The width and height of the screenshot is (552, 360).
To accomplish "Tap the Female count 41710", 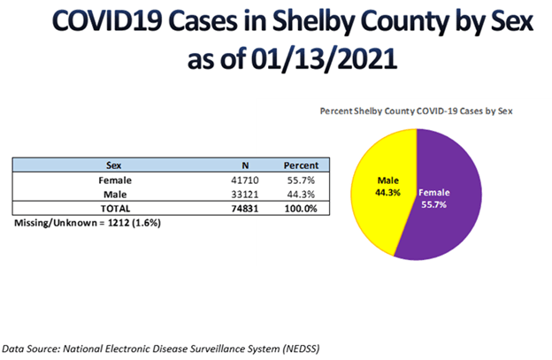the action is click(x=245, y=180).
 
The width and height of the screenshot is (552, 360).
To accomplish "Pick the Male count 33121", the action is click(x=245, y=195).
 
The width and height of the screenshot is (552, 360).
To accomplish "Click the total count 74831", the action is click(x=245, y=209).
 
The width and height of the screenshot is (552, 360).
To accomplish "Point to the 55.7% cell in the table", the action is click(x=301, y=180).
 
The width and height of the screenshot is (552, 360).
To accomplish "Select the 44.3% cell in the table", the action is click(x=301, y=195).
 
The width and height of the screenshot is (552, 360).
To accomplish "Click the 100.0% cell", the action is click(x=301, y=209).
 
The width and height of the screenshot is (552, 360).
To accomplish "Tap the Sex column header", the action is click(x=114, y=165).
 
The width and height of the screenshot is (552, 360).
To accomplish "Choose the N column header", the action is click(x=245, y=165).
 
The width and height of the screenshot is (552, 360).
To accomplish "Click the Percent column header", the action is click(x=301, y=165).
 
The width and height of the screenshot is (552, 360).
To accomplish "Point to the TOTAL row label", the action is click(x=115, y=209).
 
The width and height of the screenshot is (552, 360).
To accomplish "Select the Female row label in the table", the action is click(x=115, y=180).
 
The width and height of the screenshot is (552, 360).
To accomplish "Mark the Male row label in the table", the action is click(x=115, y=195).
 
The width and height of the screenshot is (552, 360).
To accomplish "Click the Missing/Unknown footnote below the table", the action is click(x=88, y=223).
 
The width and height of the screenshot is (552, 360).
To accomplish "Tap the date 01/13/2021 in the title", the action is click(x=325, y=58).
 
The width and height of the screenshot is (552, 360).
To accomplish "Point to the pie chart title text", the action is click(x=416, y=111).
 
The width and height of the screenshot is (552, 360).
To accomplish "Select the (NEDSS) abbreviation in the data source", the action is click(x=301, y=349).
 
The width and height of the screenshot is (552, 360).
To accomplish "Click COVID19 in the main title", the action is click(x=107, y=20).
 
